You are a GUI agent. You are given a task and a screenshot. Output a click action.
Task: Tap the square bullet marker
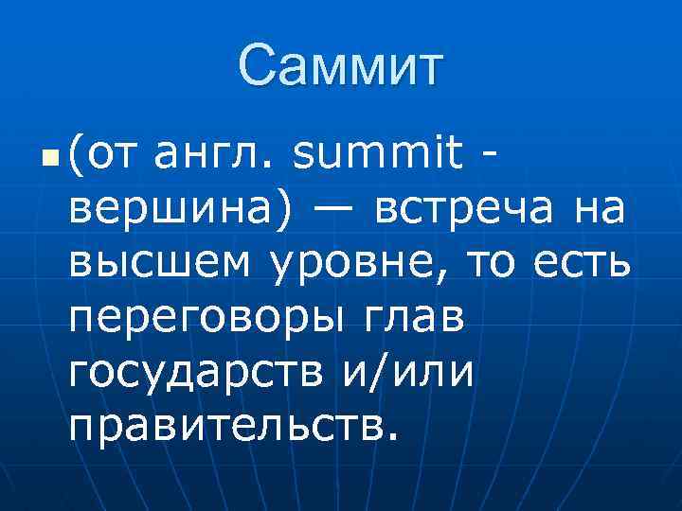50,152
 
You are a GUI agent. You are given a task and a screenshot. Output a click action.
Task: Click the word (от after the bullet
96,151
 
